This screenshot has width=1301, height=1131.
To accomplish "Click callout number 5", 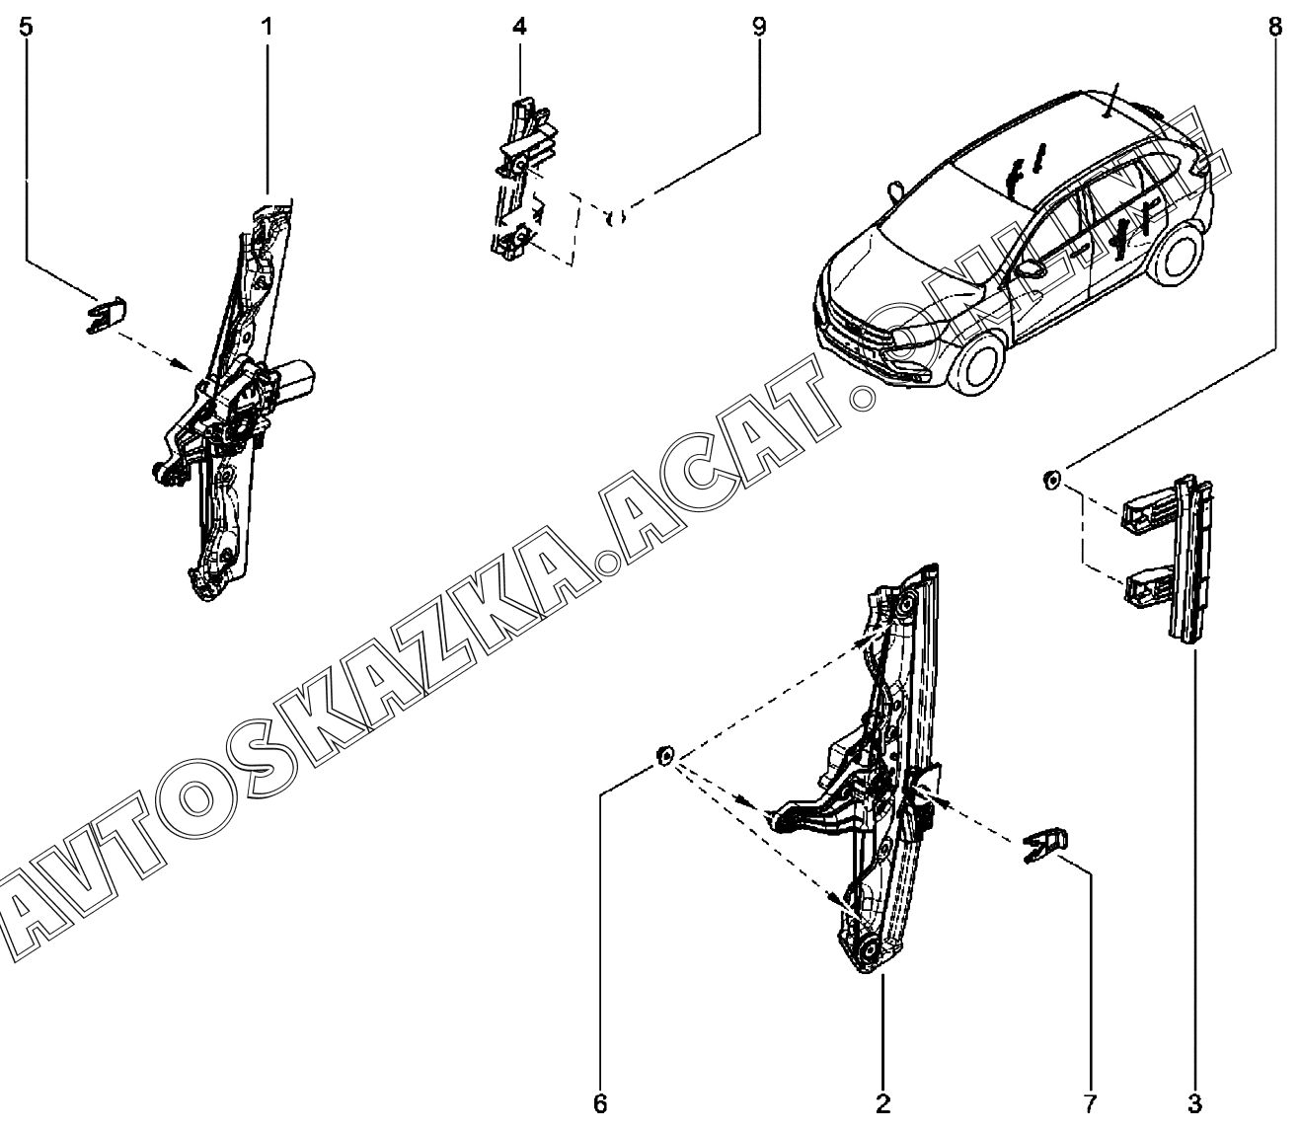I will click(26, 27).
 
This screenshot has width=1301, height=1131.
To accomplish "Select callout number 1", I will click(267, 27).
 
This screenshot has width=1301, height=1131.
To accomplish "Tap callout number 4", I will click(519, 27).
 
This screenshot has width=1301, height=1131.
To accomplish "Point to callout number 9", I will click(758, 27).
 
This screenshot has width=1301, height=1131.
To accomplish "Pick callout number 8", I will click(1275, 27).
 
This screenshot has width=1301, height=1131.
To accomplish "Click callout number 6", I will click(600, 1104).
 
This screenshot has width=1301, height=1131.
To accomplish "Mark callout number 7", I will click(1091, 1104).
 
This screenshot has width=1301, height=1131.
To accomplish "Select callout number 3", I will click(1194, 1104).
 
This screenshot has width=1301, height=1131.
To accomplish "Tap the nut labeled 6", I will click(664, 758).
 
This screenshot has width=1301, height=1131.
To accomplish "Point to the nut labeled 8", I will click(1052, 481).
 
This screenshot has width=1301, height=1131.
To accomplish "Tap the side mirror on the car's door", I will click(1030, 267).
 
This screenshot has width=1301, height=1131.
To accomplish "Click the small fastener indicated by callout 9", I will click(616, 216).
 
